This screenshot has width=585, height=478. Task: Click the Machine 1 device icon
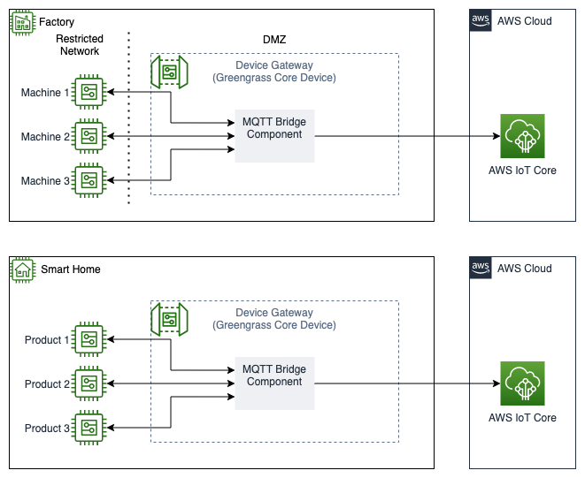point(89,92)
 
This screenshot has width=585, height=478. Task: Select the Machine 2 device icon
point(89,136)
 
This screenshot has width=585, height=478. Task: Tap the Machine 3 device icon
point(89,180)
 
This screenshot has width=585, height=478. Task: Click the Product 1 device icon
point(89,339)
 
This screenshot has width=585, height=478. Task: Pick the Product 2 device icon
point(89,383)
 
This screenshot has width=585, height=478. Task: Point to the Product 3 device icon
point(89,428)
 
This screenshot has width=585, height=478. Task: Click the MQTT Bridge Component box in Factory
point(274,135)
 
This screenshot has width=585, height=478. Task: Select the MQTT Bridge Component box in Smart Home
point(274,383)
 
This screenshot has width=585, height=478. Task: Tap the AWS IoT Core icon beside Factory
point(522,136)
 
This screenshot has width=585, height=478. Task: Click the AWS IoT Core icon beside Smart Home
point(522,383)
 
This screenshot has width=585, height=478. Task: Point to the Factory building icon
point(21,21)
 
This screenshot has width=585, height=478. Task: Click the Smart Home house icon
point(21,269)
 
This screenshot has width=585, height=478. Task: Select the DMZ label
point(274,40)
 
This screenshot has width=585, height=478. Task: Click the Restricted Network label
point(80,45)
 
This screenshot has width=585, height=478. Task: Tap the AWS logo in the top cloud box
point(481,21)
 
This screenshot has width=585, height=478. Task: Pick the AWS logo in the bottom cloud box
point(481,269)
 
